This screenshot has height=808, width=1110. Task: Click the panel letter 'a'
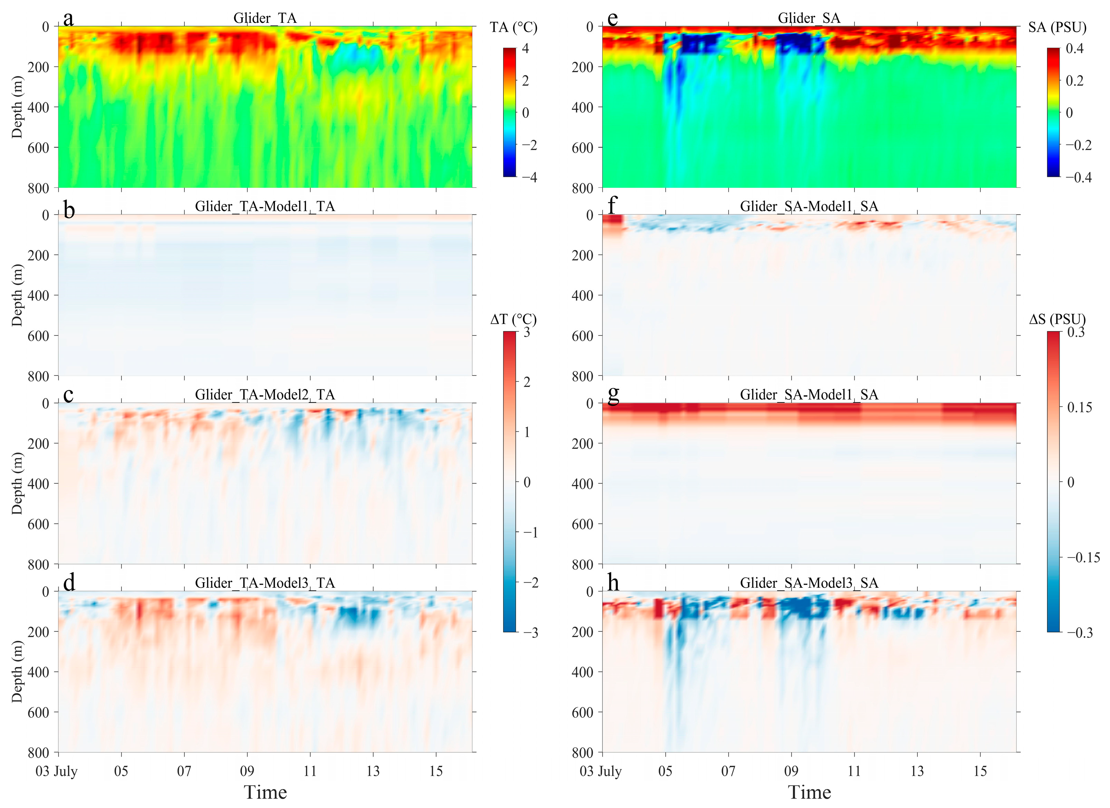[68, 19]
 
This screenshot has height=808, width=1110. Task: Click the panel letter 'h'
[613, 583]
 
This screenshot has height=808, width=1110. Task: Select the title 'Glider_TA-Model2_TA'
[265, 395]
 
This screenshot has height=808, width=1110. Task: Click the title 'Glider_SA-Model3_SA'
[809, 583]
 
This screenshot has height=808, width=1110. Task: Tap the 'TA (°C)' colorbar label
[513, 27]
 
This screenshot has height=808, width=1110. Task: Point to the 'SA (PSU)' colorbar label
[1057, 27]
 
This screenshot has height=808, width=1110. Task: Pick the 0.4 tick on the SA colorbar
[1074, 48]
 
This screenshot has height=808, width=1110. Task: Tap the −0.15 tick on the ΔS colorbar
[1083, 557]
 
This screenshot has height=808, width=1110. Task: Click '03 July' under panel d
[57, 771]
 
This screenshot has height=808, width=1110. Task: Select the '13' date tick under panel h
[917, 771]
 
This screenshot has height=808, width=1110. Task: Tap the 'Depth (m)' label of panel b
[17, 295]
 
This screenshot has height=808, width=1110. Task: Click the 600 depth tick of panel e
[582, 148]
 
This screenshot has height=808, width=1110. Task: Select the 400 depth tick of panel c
[39, 484]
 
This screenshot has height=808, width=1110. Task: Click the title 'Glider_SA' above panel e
[809, 19]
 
